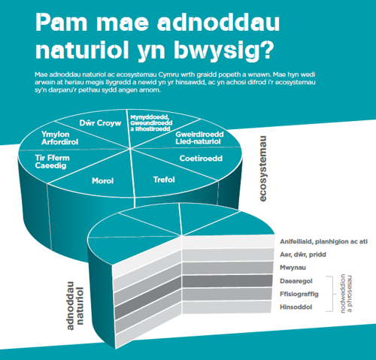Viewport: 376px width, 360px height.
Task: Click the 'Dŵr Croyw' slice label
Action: coord(100,123)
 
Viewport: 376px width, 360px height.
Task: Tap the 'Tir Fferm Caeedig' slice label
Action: coord(53,162)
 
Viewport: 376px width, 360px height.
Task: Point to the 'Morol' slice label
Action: coord(103,180)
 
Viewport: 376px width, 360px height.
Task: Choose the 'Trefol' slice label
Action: coord(164,180)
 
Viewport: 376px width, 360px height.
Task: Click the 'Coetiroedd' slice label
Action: coord(201,159)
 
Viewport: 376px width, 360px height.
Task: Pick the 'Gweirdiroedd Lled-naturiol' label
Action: coord(199,138)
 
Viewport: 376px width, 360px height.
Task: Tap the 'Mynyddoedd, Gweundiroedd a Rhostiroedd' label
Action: coord(151,123)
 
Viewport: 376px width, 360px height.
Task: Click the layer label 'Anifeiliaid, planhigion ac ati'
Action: coord(323,242)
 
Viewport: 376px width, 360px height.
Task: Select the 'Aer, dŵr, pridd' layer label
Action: coord(303,255)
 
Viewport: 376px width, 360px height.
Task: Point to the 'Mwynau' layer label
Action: coord(293,268)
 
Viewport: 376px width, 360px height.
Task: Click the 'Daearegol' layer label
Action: coord(296,281)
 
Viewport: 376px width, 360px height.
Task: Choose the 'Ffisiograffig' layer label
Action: coord(299,294)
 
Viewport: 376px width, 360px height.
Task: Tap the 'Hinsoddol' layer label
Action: coord(296,307)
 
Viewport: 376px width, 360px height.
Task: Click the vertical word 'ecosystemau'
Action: coord(262,168)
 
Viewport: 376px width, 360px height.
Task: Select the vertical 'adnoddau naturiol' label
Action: coord(75,306)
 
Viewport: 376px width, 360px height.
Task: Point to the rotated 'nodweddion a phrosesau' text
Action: coord(346,293)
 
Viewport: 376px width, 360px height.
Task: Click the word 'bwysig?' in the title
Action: coord(223,51)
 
